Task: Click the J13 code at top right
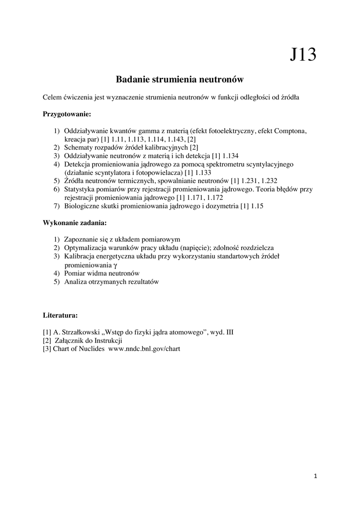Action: pos(303,54)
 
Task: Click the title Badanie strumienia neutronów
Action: pos(179,79)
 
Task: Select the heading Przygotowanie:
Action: pos(67,114)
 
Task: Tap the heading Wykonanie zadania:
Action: pos(75,222)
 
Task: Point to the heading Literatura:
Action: pos(60,315)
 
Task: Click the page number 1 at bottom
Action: pos(315,476)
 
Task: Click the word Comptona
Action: pos(290,131)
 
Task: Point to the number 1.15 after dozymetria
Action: pos(257,206)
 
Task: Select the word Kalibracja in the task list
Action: pos(80,256)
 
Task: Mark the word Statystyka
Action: pos(80,189)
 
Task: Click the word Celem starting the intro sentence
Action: pos(53,97)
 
